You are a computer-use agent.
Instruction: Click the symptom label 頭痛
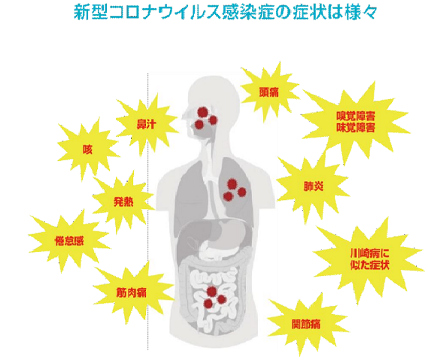click(x=269, y=92)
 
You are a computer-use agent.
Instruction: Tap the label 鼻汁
click(x=147, y=124)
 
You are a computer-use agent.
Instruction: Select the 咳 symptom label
click(x=87, y=150)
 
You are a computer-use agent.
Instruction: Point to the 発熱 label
click(x=123, y=202)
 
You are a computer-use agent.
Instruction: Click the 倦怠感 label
click(x=69, y=241)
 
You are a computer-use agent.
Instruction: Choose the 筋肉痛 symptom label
click(x=132, y=292)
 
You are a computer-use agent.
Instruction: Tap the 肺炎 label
click(x=314, y=186)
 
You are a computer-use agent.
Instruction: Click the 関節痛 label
click(x=306, y=324)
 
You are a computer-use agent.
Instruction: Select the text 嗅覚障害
click(x=355, y=116)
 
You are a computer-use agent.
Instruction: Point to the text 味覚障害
click(x=355, y=127)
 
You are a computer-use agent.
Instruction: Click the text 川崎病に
click(x=369, y=254)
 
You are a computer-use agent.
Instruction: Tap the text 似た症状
click(x=369, y=265)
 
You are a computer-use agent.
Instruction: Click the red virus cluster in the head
click(x=206, y=118)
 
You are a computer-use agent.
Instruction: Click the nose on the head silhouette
click(x=185, y=116)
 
